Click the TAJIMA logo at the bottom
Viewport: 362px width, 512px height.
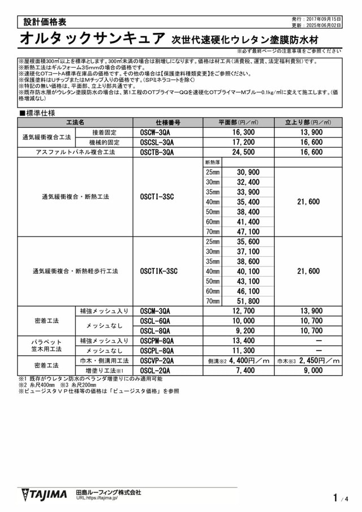click(44, 494)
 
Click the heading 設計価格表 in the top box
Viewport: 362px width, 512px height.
click(45, 22)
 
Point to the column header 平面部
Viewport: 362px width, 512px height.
click(238, 122)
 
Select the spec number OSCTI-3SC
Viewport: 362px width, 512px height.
click(157, 197)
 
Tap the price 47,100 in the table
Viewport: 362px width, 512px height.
click(248, 232)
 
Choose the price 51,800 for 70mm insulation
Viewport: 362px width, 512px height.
click(248, 301)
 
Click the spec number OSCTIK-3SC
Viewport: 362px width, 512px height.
click(159, 272)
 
